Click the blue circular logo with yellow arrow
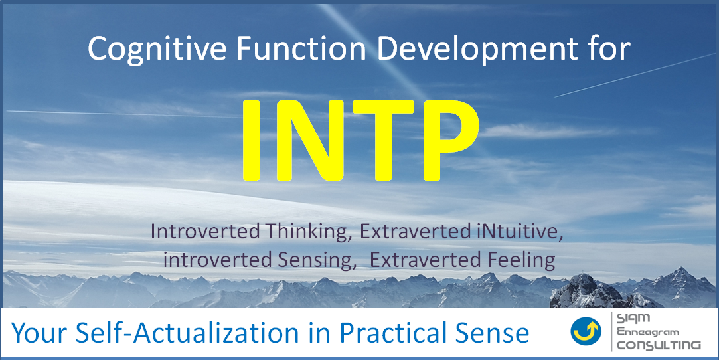(586, 331)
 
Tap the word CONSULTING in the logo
(659, 345)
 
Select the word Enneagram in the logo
(648, 332)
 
